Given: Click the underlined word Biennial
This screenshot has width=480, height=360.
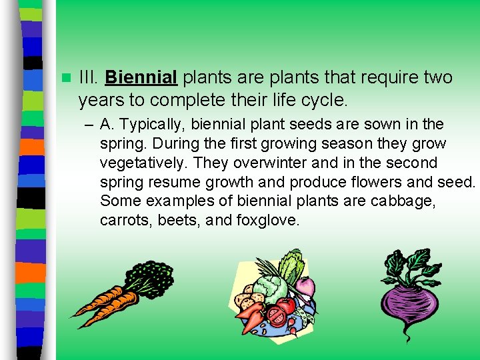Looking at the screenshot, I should pyautogui.click(x=141, y=78).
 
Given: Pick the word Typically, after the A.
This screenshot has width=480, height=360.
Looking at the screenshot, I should pyautogui.click(x=154, y=124).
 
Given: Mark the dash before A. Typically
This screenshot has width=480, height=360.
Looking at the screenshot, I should pyautogui.click(x=89, y=124).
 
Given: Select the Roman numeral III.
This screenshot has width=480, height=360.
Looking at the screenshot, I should pyautogui.click(x=89, y=78).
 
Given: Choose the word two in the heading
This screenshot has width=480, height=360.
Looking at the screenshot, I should pyautogui.click(x=437, y=78).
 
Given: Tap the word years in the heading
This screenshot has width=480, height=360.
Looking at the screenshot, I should pyautogui.click(x=97, y=100).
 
